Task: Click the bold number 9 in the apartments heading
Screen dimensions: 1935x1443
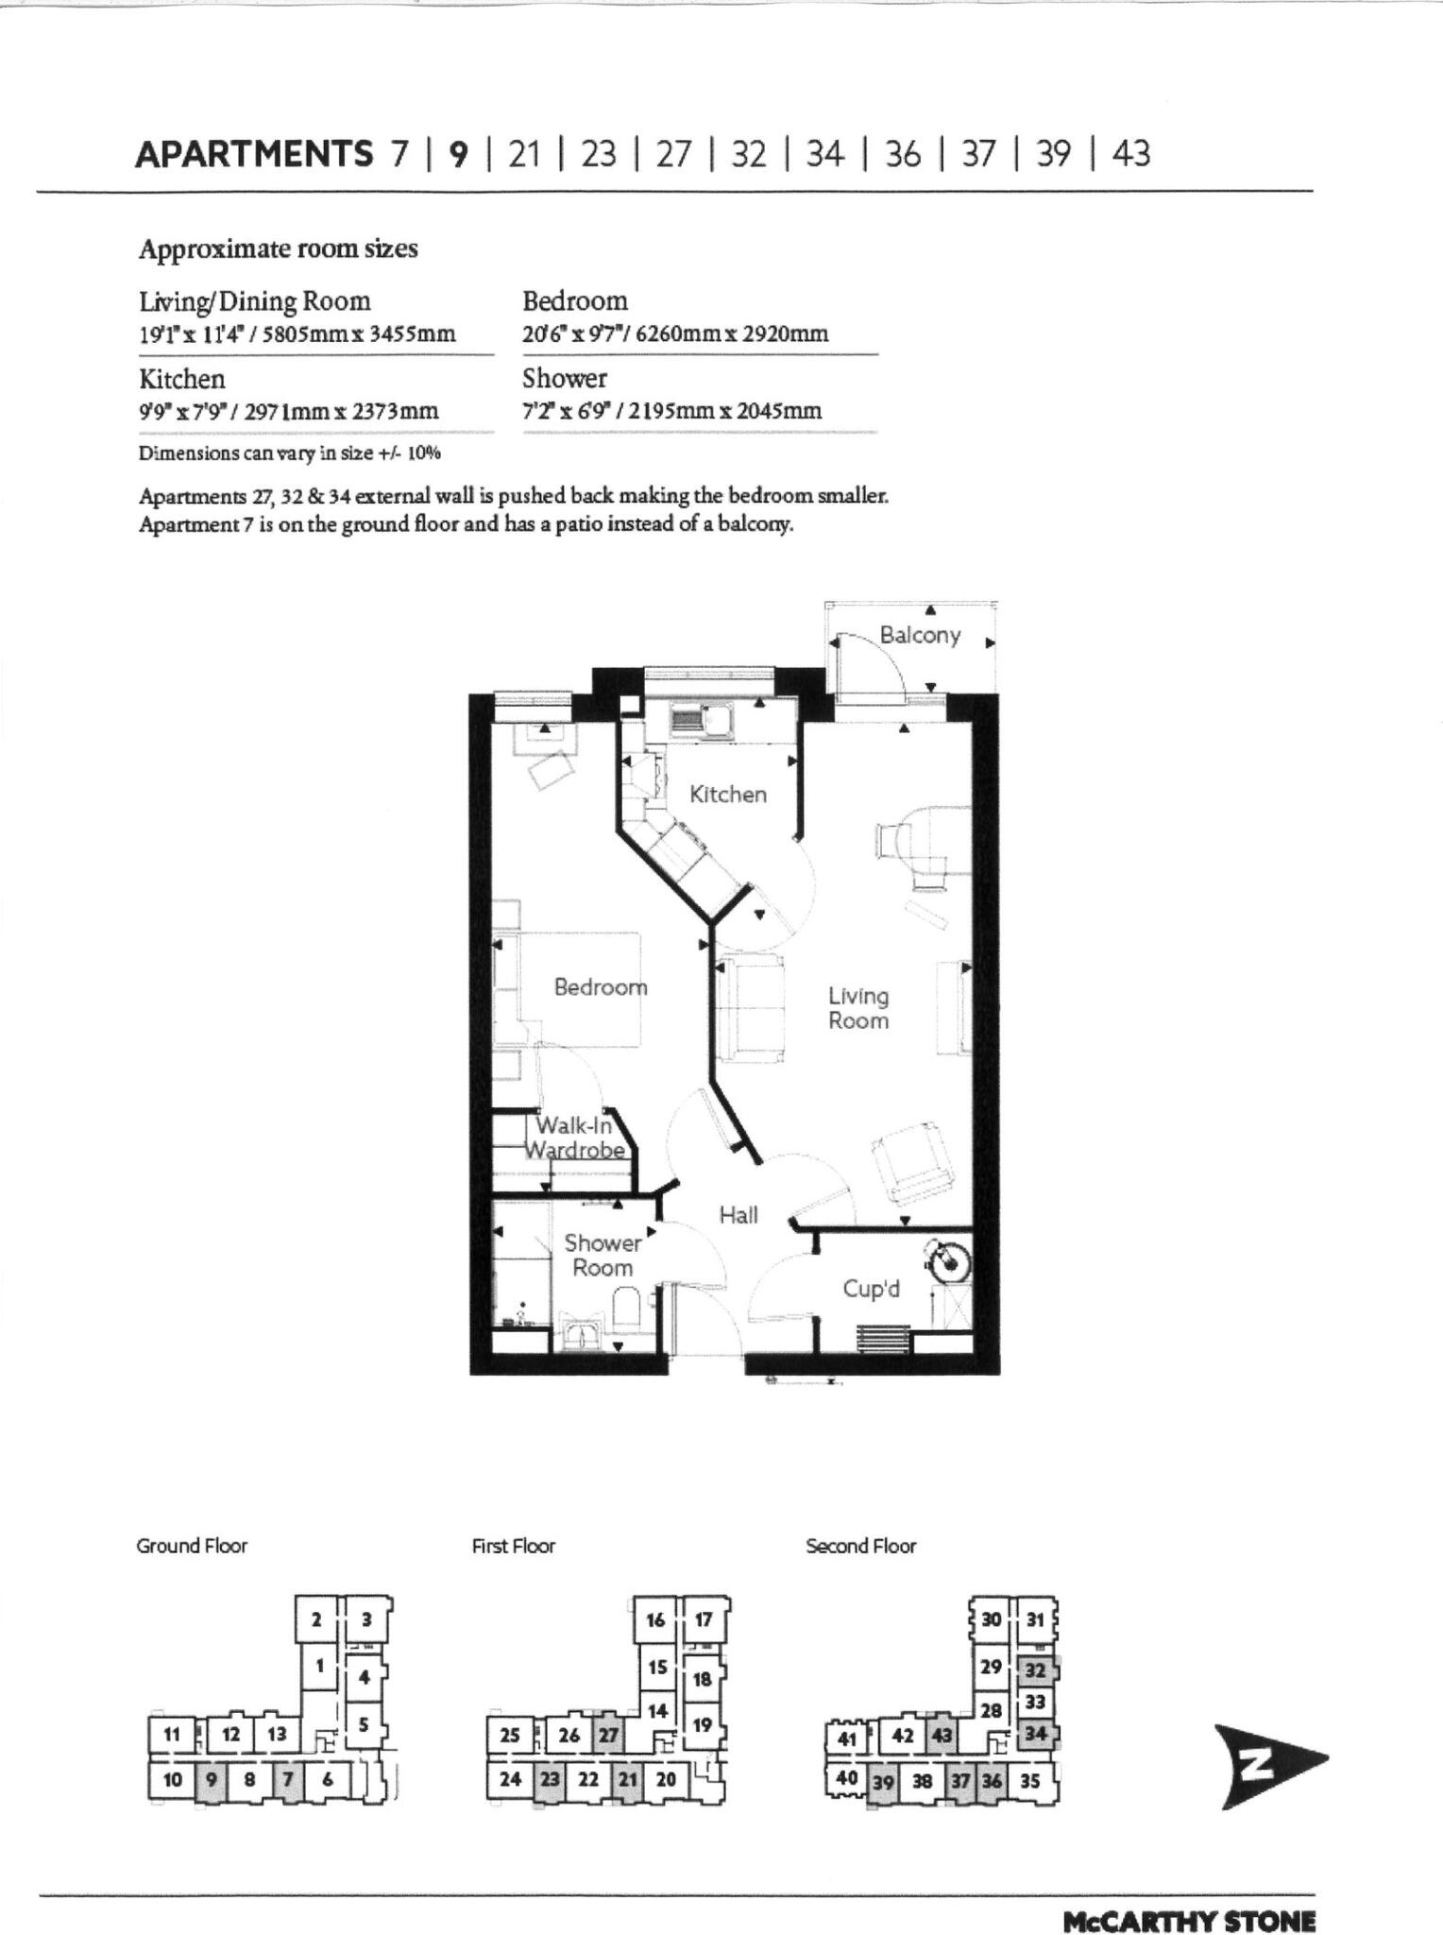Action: click(x=458, y=153)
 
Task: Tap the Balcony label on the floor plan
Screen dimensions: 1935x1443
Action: click(x=919, y=635)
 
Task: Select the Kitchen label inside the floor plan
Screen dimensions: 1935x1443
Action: click(x=727, y=795)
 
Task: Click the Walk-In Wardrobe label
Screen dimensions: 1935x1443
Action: click(x=575, y=1138)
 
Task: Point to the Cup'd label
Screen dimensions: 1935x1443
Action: click(x=871, y=1289)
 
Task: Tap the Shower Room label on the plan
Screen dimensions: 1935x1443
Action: click(x=603, y=1256)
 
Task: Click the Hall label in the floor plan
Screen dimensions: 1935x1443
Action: click(x=738, y=1215)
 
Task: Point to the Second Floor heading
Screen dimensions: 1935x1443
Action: click(x=860, y=1547)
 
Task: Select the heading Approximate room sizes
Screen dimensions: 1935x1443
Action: click(x=278, y=248)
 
